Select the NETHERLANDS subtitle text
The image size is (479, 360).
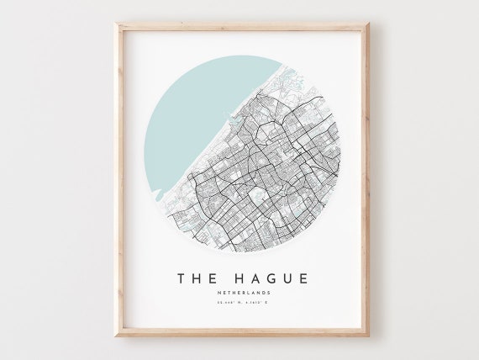click(x=242, y=293)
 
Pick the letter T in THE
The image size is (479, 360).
click(x=182, y=278)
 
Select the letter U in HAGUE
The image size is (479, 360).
click(x=286, y=278)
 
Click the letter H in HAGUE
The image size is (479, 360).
click(x=234, y=278)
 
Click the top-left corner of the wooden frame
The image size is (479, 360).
click(x=117, y=24)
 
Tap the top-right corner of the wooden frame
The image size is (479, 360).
click(x=368, y=24)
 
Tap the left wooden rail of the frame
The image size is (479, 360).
click(x=118, y=180)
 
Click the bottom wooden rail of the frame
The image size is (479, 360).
click(x=242, y=332)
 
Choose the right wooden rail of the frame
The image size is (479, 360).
click(x=366, y=180)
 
